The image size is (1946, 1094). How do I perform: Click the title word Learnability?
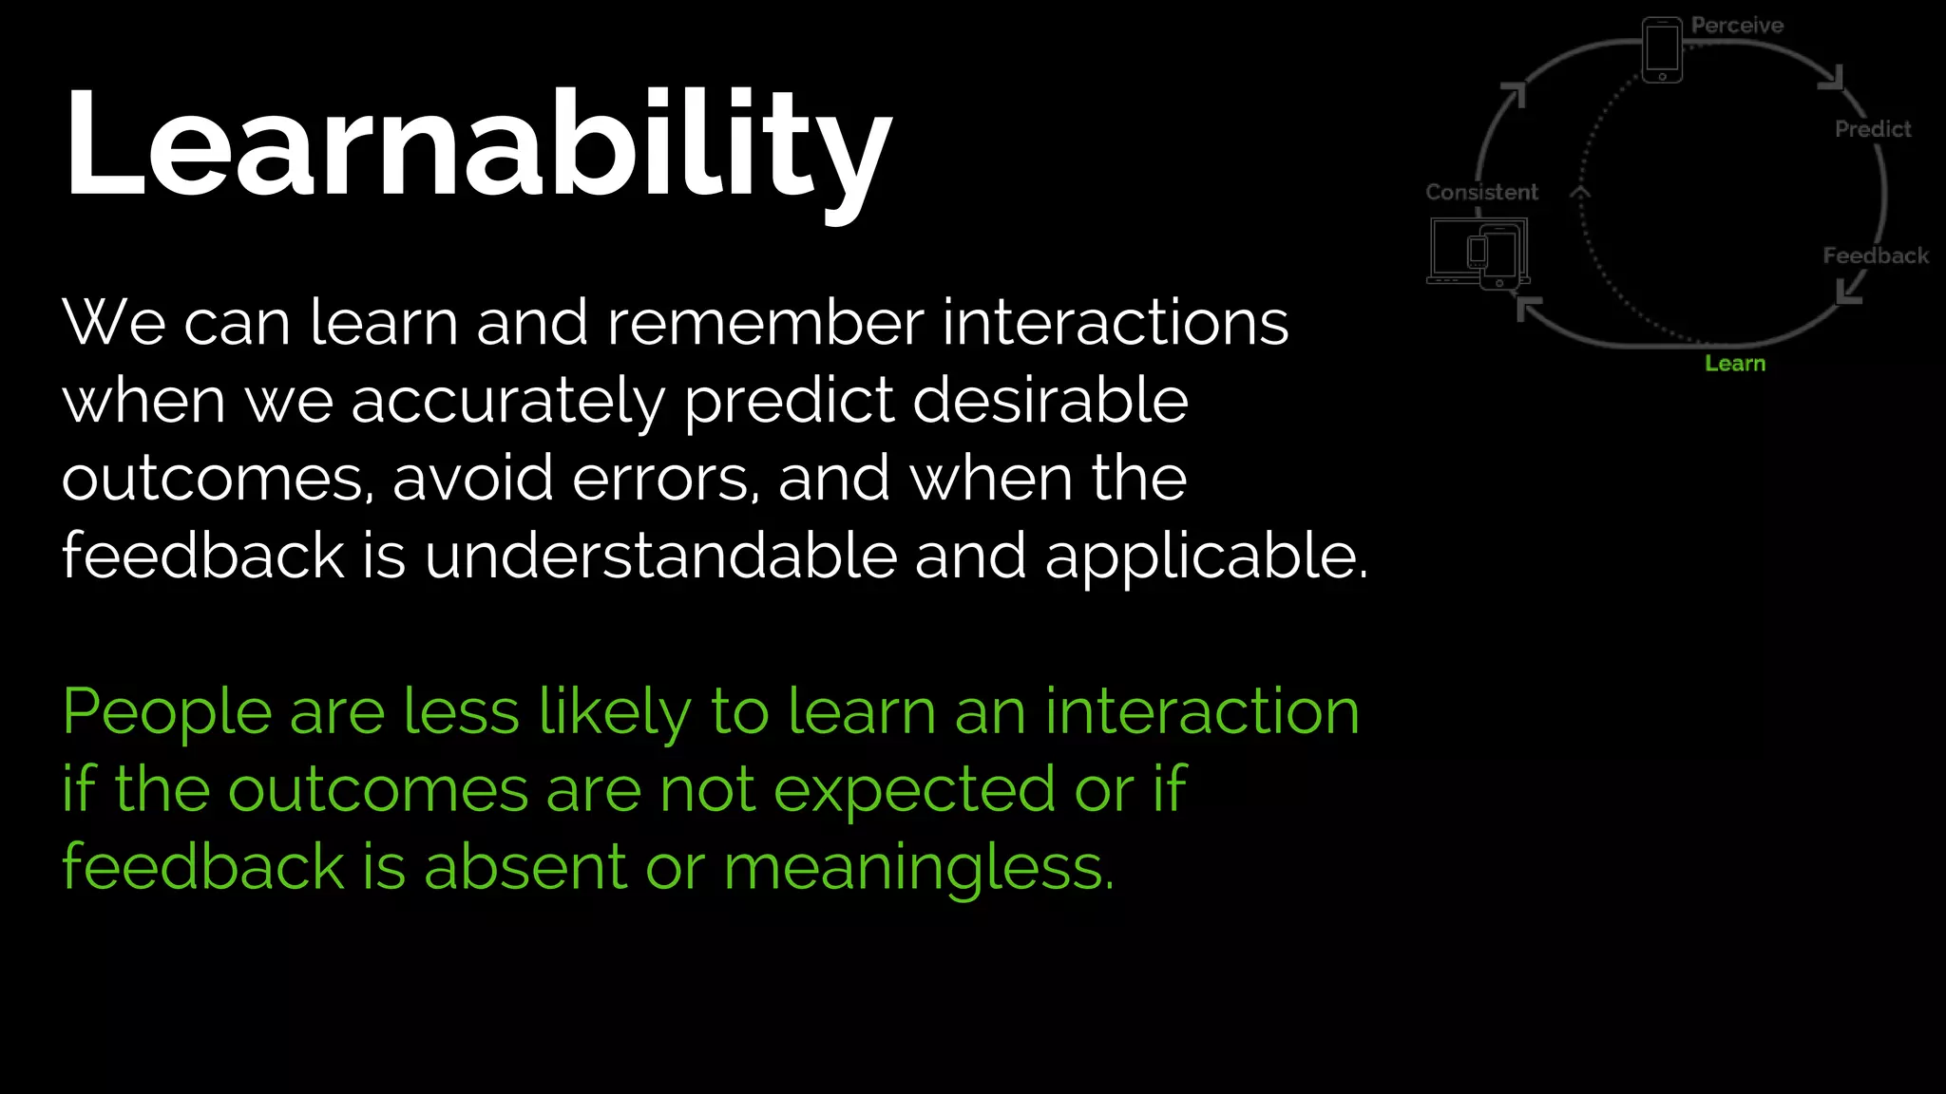pyautogui.click(x=478, y=144)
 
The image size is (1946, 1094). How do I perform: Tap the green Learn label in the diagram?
pyautogui.click(x=1735, y=364)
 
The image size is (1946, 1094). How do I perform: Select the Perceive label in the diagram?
pyautogui.click(x=1737, y=26)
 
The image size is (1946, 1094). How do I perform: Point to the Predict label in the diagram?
pyautogui.click(x=1872, y=129)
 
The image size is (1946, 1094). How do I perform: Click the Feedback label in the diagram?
pyautogui.click(x=1875, y=255)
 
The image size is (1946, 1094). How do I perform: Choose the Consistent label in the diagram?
pyautogui.click(x=1481, y=192)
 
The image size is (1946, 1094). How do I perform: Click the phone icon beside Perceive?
pyautogui.click(x=1662, y=50)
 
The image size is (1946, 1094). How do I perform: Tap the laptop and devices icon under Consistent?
pyautogui.click(x=1479, y=254)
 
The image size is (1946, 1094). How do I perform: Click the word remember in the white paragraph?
pyautogui.click(x=765, y=323)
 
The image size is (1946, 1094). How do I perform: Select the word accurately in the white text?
pyautogui.click(x=508, y=401)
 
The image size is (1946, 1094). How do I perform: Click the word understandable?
pyautogui.click(x=660, y=556)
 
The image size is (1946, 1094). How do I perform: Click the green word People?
pyautogui.click(x=166, y=712)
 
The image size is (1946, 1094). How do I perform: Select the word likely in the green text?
pyautogui.click(x=615, y=712)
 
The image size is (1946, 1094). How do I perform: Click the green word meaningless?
pyautogui.click(x=918, y=868)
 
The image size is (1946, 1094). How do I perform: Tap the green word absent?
pyautogui.click(x=525, y=868)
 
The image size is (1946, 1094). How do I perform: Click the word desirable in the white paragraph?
pyautogui.click(x=1050, y=401)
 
